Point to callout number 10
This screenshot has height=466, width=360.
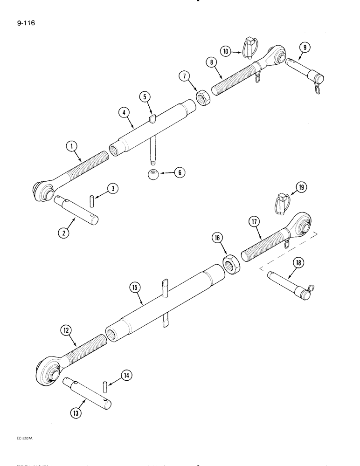[x=226, y=52]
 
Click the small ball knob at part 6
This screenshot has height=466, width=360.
[x=152, y=175]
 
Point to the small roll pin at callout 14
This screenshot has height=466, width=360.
[x=104, y=387]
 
